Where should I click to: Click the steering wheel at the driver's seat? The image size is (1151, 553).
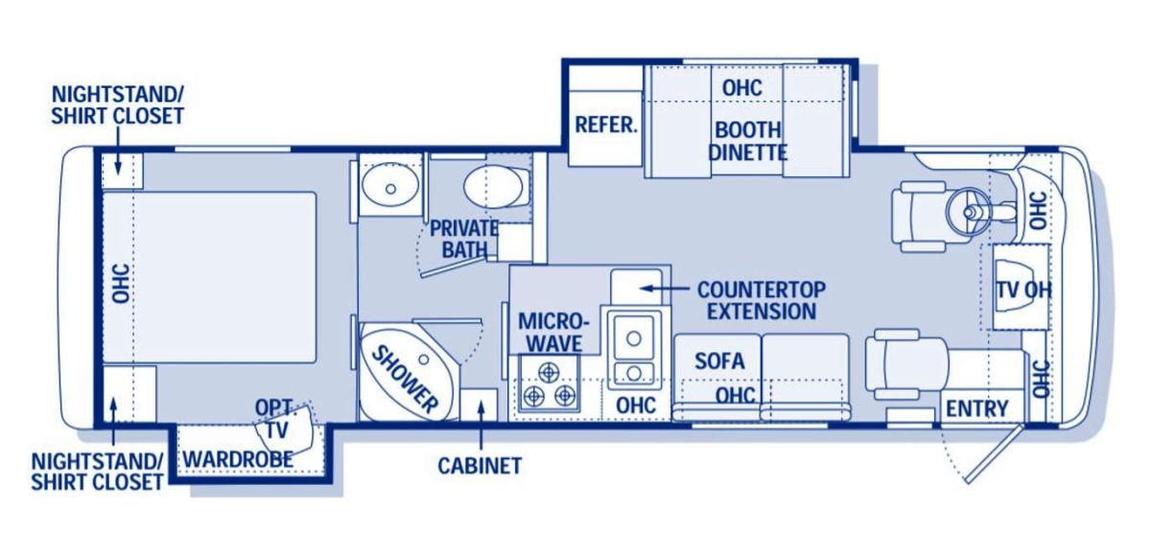[x=969, y=211]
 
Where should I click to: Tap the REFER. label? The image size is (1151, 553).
[x=606, y=125]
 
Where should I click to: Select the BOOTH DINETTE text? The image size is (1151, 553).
[x=747, y=141]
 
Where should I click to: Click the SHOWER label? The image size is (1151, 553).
[x=406, y=379]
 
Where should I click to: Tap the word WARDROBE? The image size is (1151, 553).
[x=238, y=459]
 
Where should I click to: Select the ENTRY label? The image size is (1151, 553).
[x=977, y=408]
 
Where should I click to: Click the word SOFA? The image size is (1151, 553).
[x=719, y=361]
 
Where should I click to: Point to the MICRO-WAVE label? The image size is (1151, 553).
[x=554, y=333]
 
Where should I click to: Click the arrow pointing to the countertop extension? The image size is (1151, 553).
[x=666, y=288]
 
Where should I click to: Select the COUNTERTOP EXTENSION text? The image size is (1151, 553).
[x=762, y=300]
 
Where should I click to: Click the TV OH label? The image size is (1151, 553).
[x=1024, y=290]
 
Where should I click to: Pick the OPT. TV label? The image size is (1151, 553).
[x=275, y=418]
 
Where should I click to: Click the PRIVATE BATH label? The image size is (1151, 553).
[x=464, y=239]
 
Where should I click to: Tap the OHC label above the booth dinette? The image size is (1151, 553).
[x=742, y=88]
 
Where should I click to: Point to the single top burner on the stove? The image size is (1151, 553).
[x=550, y=371]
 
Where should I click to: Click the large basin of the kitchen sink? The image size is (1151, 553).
[x=634, y=338]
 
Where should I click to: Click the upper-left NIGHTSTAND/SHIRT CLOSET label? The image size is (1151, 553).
[x=118, y=105]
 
